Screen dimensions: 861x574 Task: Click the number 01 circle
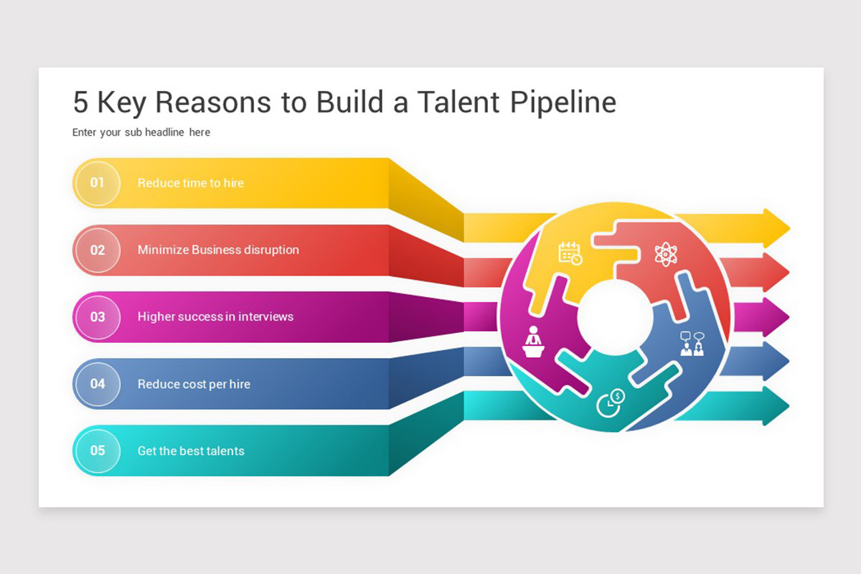[x=98, y=183]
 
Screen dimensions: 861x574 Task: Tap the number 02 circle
[x=98, y=250]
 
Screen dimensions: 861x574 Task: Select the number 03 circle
[x=98, y=317]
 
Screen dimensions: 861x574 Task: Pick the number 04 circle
[x=98, y=384]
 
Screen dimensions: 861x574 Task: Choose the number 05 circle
[x=98, y=451]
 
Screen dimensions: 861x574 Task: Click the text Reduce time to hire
[x=191, y=183]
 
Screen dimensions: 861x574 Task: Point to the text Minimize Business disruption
[x=218, y=250]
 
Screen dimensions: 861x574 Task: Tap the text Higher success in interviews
[x=216, y=317]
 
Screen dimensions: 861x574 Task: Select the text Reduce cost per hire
[x=194, y=384]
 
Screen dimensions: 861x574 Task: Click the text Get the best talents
[x=191, y=451]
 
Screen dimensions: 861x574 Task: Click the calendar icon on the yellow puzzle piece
[x=570, y=253]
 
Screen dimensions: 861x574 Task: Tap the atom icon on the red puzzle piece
[x=666, y=254]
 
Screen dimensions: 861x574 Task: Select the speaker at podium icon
[x=533, y=342]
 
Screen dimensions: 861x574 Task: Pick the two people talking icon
[x=692, y=344]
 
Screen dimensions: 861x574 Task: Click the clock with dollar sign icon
[x=611, y=403]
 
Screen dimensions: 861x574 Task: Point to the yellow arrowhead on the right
[x=776, y=228]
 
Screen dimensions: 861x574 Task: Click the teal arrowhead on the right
[x=776, y=406]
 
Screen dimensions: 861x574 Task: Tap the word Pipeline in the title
[x=563, y=103]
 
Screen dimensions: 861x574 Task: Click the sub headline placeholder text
[x=141, y=132]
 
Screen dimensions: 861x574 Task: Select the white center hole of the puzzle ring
[x=615, y=317]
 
